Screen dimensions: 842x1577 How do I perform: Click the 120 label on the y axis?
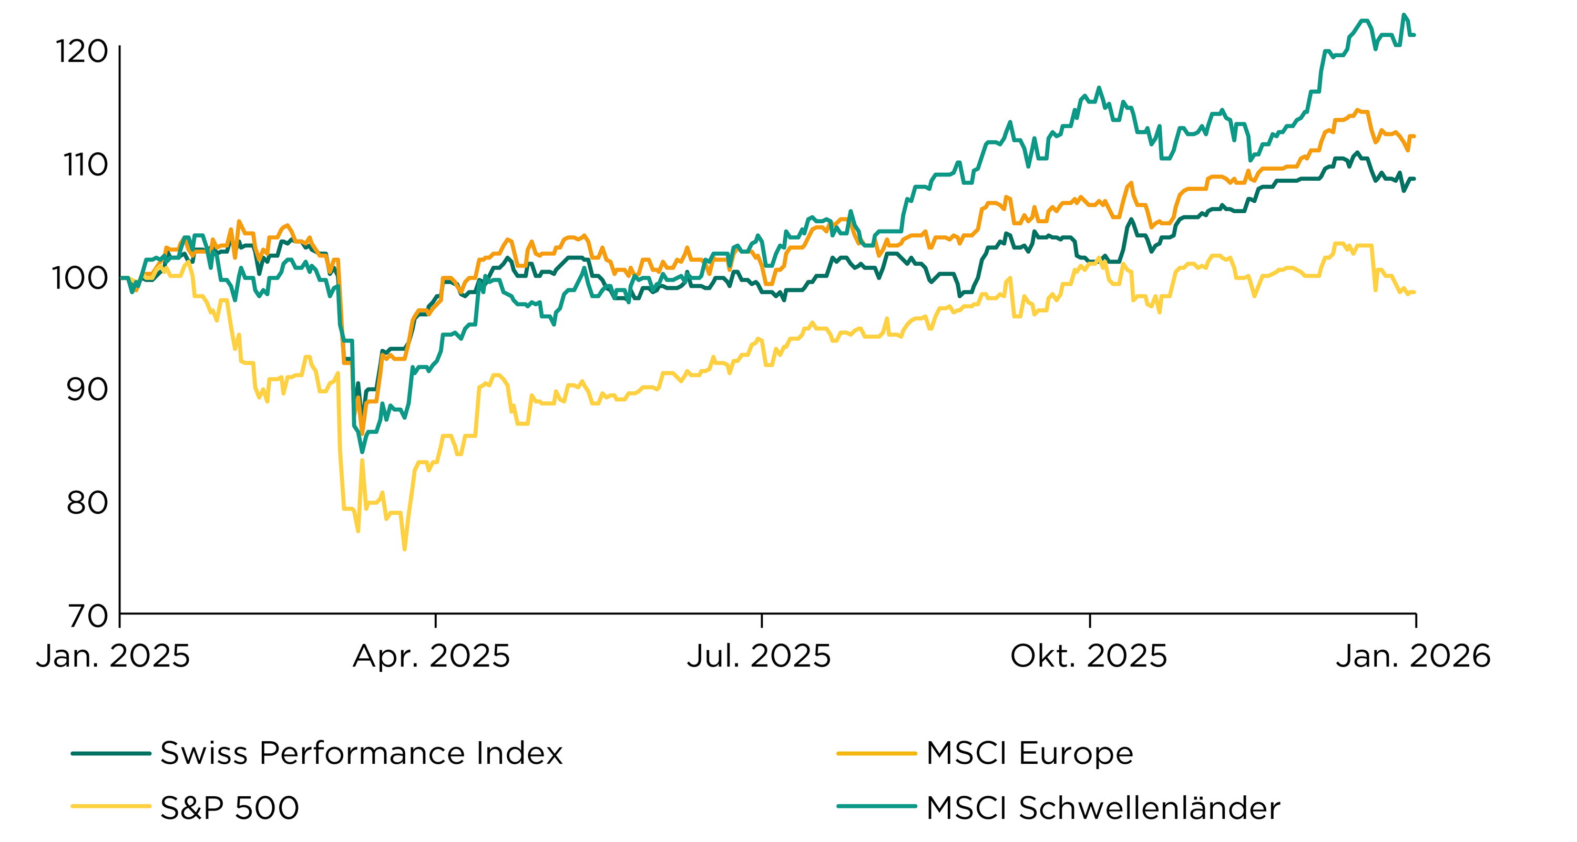click(x=81, y=51)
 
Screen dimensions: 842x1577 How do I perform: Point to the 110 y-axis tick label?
click(x=85, y=164)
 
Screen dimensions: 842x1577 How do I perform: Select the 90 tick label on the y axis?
click(x=86, y=389)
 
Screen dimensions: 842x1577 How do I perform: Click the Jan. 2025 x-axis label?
click(x=113, y=656)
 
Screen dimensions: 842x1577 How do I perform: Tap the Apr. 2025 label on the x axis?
click(x=431, y=656)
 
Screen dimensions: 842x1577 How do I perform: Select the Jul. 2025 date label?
click(x=759, y=656)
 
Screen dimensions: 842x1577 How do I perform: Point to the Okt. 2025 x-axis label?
click(x=1089, y=656)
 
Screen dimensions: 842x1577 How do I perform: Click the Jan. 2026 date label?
click(x=1413, y=656)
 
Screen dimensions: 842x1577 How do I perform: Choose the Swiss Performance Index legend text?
click(x=361, y=753)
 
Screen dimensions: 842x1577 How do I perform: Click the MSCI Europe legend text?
click(x=1029, y=753)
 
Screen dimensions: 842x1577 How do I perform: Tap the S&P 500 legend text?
click(x=230, y=808)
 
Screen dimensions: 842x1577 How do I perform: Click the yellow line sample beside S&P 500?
click(x=111, y=806)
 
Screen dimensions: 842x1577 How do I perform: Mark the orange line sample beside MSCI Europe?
click(x=876, y=753)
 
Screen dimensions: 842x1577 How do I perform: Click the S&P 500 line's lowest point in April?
click(x=405, y=549)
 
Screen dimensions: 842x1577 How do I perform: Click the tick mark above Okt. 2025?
click(x=1090, y=620)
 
